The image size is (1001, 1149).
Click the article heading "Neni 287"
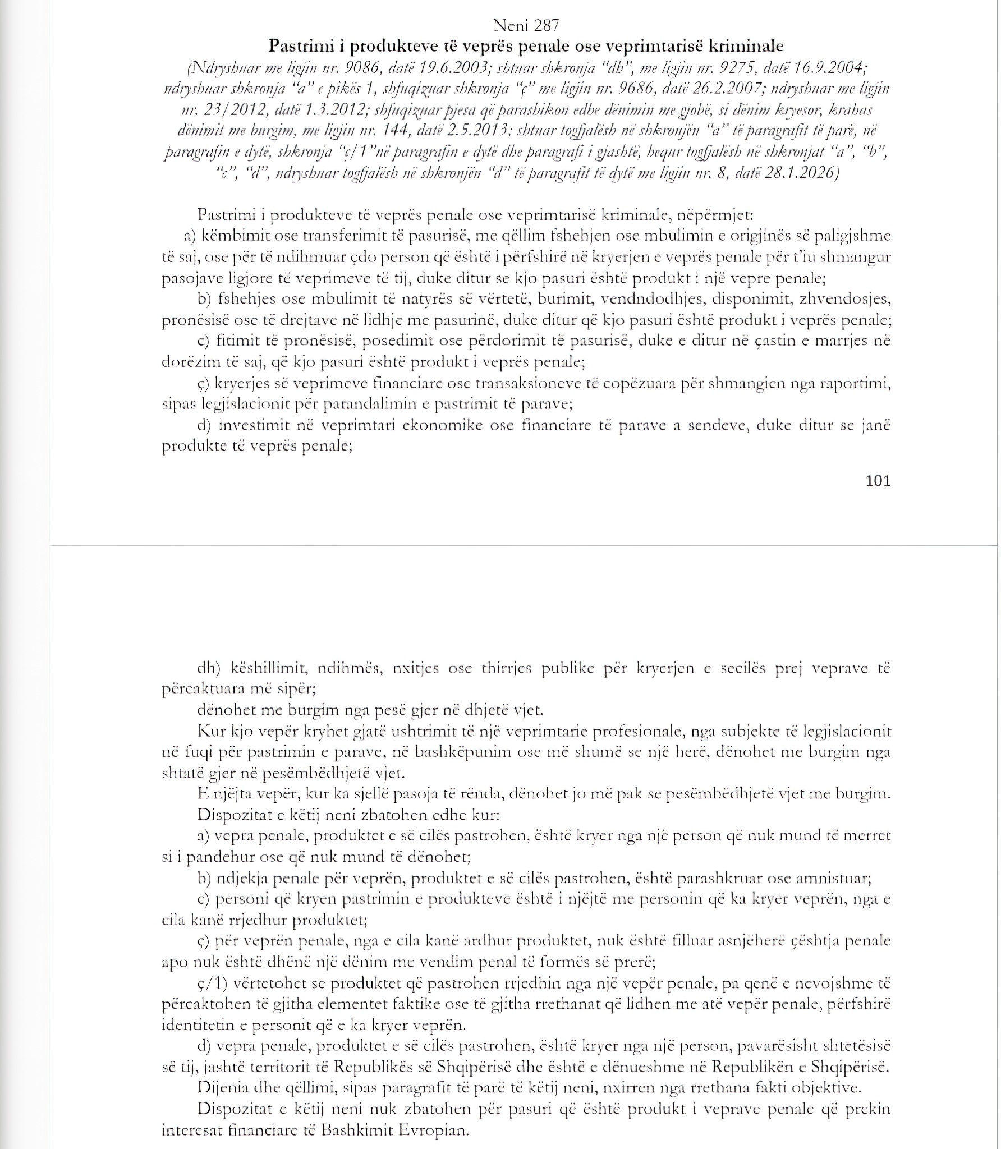pos(526,25)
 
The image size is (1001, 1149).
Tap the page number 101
pos(878,481)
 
